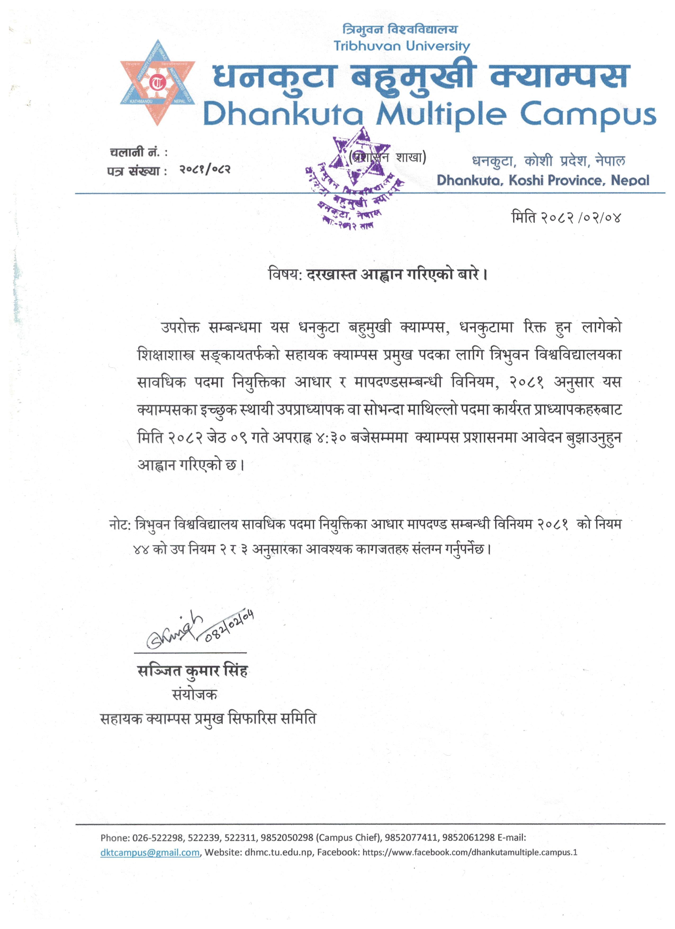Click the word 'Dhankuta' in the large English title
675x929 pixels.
coord(282,114)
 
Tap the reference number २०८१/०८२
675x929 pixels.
coord(205,169)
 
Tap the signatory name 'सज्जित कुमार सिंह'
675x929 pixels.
coord(192,671)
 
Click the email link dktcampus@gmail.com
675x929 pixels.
coord(150,852)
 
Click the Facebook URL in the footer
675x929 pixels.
coord(470,852)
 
